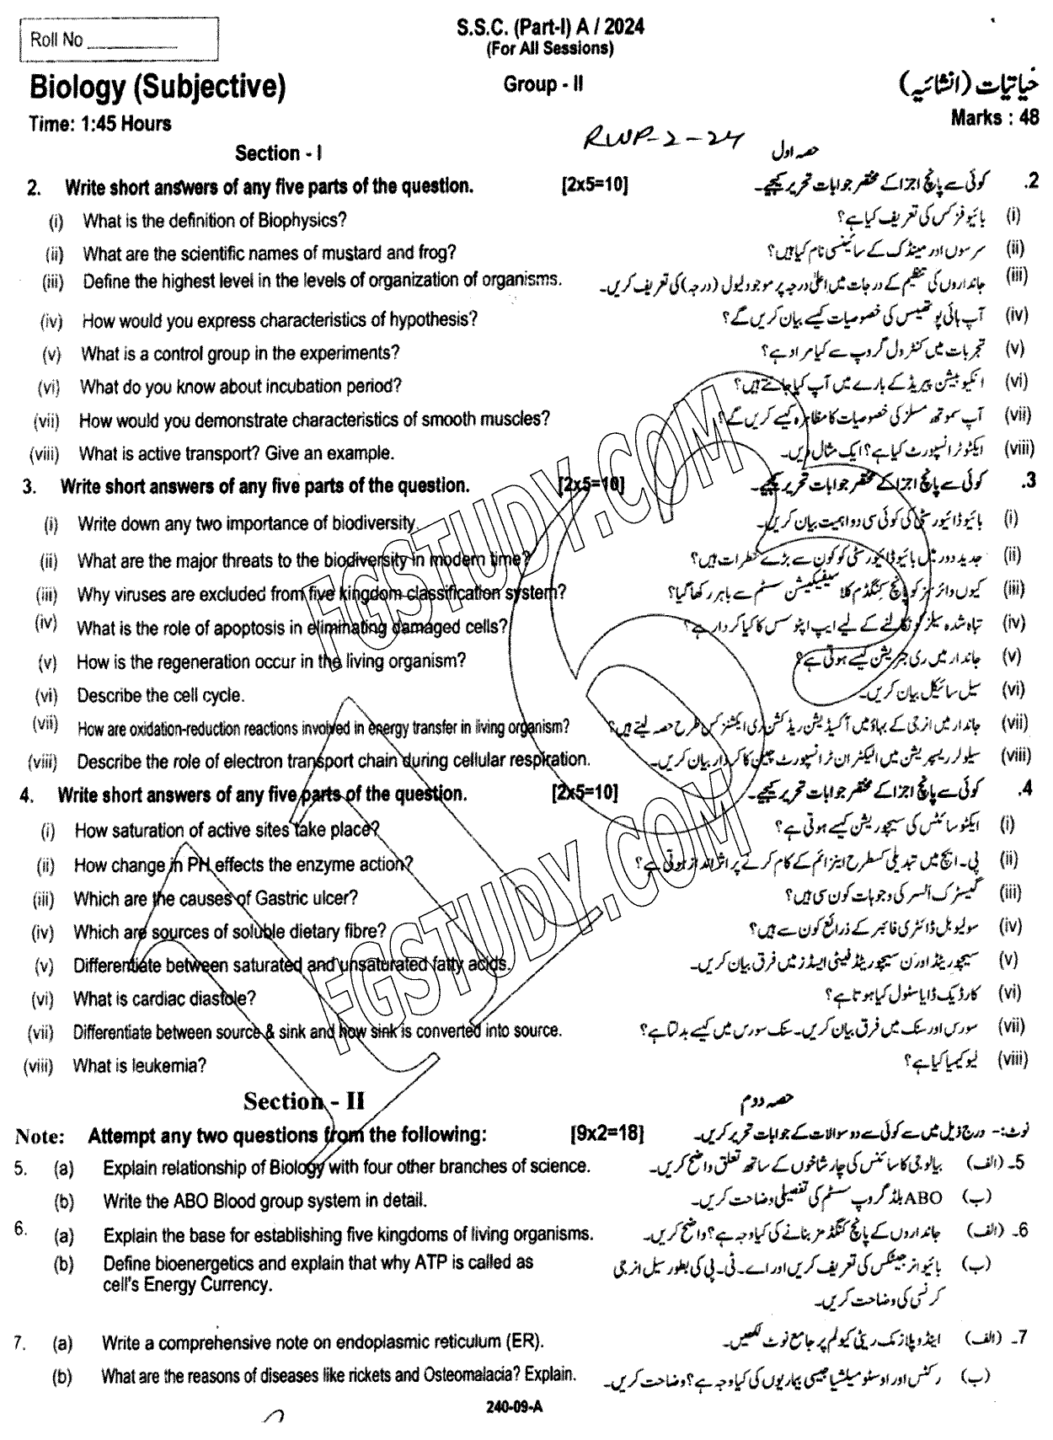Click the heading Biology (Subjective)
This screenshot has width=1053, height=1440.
(158, 87)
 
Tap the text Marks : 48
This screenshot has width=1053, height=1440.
(994, 118)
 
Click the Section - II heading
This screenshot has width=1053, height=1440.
(304, 1101)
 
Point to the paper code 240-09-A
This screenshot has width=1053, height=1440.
(510, 1406)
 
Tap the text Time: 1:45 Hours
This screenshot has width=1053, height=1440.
(99, 124)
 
